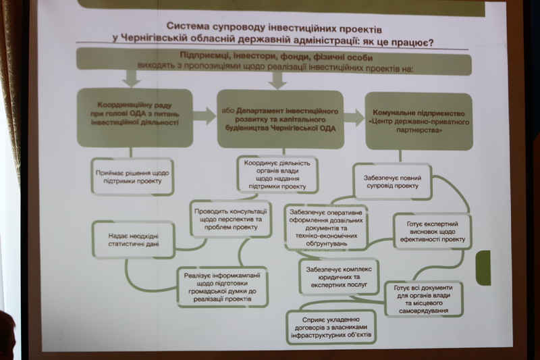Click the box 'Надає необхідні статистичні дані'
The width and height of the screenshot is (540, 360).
(134, 240)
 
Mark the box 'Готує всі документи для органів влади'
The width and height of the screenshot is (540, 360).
(423, 298)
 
